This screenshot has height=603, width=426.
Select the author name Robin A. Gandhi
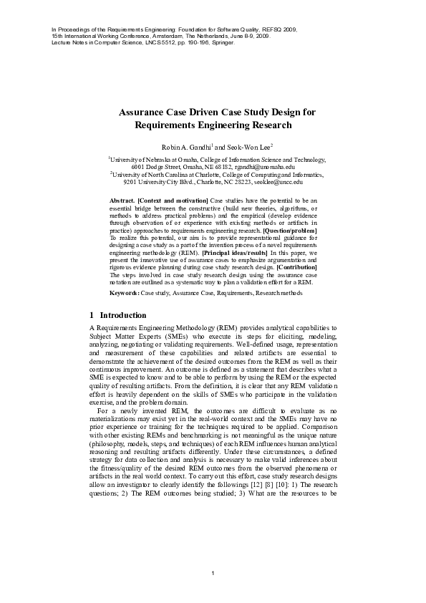click(188, 147)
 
